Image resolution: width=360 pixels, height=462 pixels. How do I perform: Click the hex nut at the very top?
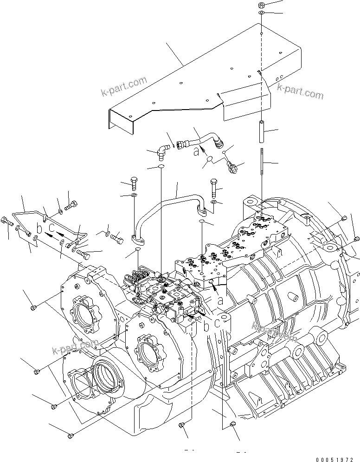click(262, 5)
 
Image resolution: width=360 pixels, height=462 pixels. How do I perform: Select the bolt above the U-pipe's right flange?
click(213, 187)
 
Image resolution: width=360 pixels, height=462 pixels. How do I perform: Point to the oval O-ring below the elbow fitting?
click(160, 166)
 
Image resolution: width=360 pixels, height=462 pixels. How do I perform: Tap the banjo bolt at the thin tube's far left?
click(7, 222)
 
